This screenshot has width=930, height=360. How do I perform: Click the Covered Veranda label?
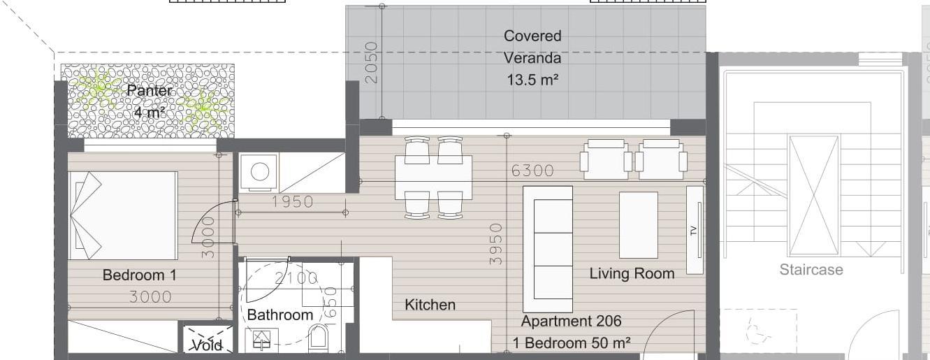pos(532,47)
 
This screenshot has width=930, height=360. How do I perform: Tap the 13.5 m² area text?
pos(532,79)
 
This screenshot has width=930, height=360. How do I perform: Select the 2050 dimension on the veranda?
pos(371,62)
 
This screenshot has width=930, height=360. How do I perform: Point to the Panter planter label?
pos(149,90)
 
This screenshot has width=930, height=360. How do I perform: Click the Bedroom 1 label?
pos(140,275)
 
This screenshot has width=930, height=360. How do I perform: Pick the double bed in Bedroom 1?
pos(123,215)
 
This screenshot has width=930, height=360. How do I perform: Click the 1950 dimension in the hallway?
pos(292,202)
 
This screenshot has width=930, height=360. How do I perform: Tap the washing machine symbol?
pos(259,172)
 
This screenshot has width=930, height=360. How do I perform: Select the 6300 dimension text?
pos(532,171)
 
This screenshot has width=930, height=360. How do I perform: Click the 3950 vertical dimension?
pos(495,244)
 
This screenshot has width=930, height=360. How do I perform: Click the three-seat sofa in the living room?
pos(548,249)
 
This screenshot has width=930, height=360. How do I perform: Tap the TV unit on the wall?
pos(695,230)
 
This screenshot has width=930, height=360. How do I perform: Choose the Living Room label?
pos(632,273)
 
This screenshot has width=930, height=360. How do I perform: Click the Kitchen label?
pos(430,305)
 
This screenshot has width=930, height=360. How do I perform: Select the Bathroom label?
pos(279,315)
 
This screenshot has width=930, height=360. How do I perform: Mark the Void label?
pos(208,345)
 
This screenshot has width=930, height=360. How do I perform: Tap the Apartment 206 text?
pos(572,321)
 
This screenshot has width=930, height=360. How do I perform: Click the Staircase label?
pos(811,270)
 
